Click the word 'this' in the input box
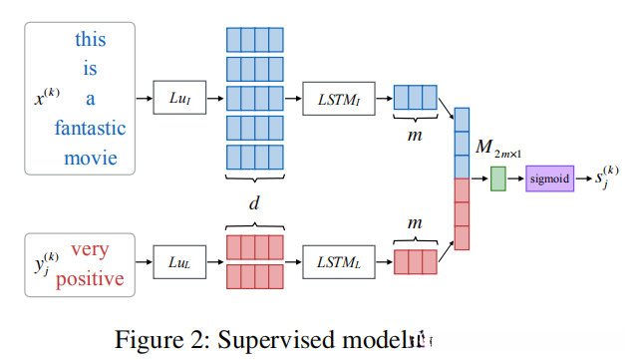coord(90,40)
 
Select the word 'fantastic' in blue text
coord(90,128)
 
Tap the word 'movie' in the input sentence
coord(90,158)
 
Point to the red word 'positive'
coord(90,278)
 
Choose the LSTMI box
coord(338,98)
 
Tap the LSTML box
coord(338,262)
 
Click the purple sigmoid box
coord(550,180)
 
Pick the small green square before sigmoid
coord(497,180)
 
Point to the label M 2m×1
coord(495,149)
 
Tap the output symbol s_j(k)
coord(607,179)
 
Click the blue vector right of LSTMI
coord(414,98)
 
